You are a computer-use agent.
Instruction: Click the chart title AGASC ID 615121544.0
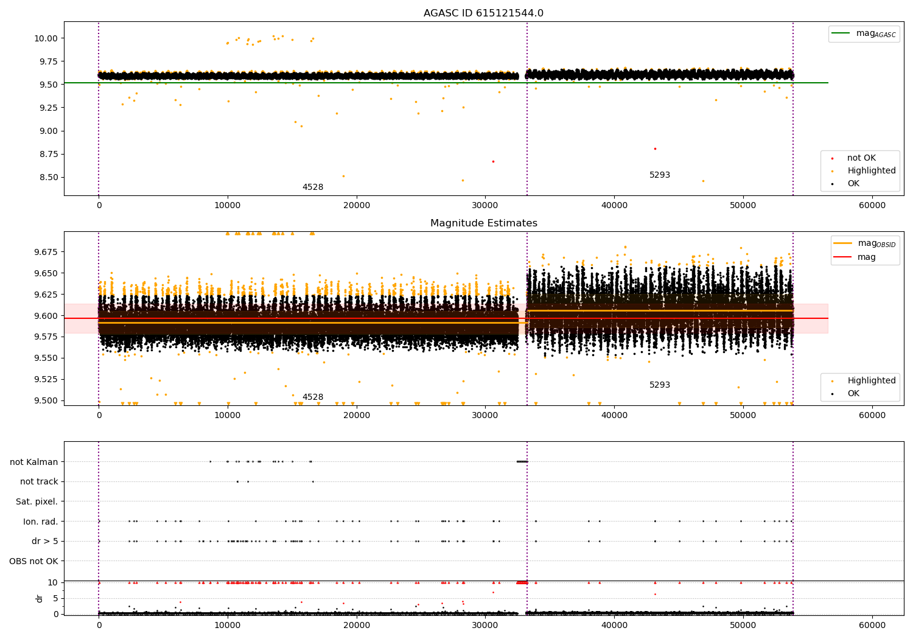(483, 13)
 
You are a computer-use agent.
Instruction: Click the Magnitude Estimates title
(483, 223)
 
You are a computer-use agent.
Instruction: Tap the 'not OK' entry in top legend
(861, 158)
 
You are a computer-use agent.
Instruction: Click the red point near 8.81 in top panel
(655, 148)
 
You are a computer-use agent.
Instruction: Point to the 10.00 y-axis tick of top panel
(47, 38)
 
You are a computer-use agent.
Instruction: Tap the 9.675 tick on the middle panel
(44, 252)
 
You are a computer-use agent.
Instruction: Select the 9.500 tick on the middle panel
(44, 400)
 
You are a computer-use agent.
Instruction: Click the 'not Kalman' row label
(34, 462)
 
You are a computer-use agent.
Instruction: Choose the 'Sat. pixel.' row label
(37, 501)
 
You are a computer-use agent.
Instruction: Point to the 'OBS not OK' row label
(33, 561)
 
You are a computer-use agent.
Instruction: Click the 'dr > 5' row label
(45, 541)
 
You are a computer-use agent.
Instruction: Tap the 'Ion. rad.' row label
(41, 522)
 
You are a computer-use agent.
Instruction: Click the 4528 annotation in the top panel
(313, 187)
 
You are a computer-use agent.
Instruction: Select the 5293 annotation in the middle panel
(659, 385)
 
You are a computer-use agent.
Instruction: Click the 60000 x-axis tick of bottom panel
(872, 625)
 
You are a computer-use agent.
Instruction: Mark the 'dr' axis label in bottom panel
(40, 598)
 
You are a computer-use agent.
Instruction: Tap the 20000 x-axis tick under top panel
(357, 206)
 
